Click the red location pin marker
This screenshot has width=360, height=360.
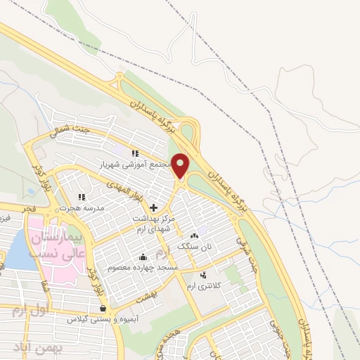click(x=181, y=166)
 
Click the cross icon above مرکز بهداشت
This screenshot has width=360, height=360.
click(x=154, y=206)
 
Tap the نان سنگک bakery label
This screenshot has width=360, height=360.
click(x=195, y=247)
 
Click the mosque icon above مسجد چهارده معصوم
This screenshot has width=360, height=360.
click(x=144, y=257)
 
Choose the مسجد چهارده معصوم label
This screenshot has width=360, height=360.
click(x=143, y=269)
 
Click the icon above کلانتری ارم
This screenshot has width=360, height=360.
click(x=204, y=275)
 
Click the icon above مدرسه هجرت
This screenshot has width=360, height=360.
click(x=81, y=198)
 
